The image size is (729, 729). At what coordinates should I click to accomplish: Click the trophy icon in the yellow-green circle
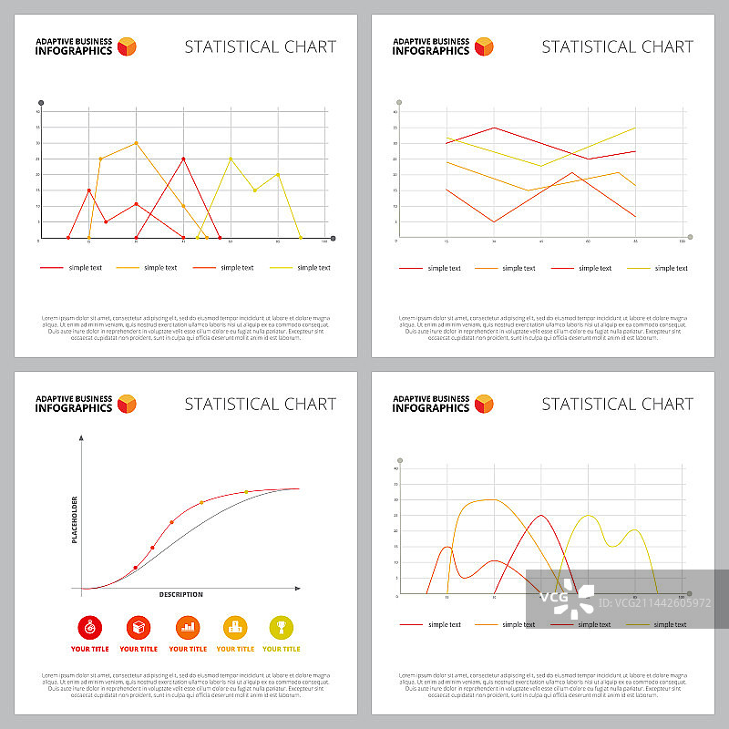point(282,627)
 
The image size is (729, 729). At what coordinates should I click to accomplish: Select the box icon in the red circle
point(139,627)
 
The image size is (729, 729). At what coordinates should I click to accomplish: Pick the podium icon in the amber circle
point(235,627)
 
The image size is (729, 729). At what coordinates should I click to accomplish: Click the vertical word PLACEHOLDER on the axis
point(75,519)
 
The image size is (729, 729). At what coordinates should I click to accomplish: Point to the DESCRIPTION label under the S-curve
point(181,595)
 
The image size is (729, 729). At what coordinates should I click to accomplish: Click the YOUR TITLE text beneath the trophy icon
point(282,649)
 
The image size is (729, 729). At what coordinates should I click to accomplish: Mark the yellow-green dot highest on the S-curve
point(246,492)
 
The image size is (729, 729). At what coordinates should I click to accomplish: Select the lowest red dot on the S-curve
point(136,568)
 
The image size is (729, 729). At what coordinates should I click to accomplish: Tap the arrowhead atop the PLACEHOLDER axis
point(82,438)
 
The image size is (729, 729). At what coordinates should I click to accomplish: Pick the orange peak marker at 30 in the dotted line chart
point(136,143)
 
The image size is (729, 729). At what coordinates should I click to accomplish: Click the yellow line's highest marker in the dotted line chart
point(231,159)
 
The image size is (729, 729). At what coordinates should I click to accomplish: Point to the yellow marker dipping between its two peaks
point(254,190)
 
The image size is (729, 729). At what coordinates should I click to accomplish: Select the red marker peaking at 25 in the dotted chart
point(183,159)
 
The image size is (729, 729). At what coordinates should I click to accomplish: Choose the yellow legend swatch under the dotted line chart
point(282,268)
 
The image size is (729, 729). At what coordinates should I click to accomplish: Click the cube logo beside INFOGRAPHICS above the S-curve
point(127,404)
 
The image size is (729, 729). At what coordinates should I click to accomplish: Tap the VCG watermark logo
point(566,600)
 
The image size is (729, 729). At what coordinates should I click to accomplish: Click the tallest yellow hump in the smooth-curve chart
point(589,516)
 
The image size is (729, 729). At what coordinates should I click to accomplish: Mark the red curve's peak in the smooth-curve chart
point(541,516)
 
